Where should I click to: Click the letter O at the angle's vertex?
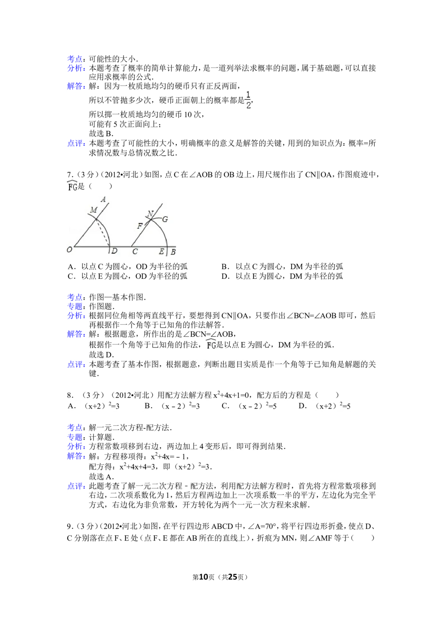click(69, 250)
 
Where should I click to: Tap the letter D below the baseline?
click(114, 251)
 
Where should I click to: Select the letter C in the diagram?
click(135, 251)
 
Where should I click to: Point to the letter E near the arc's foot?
click(162, 251)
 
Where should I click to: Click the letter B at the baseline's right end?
click(173, 252)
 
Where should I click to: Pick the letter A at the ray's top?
click(103, 200)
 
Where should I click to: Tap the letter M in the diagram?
click(93, 210)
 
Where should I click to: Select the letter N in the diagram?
click(150, 215)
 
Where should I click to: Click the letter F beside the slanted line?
click(140, 226)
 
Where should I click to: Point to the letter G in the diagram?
click(165, 219)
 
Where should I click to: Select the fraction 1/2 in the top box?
click(246, 99)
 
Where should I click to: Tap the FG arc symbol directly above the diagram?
click(72, 185)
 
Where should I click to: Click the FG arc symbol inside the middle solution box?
click(211, 344)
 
